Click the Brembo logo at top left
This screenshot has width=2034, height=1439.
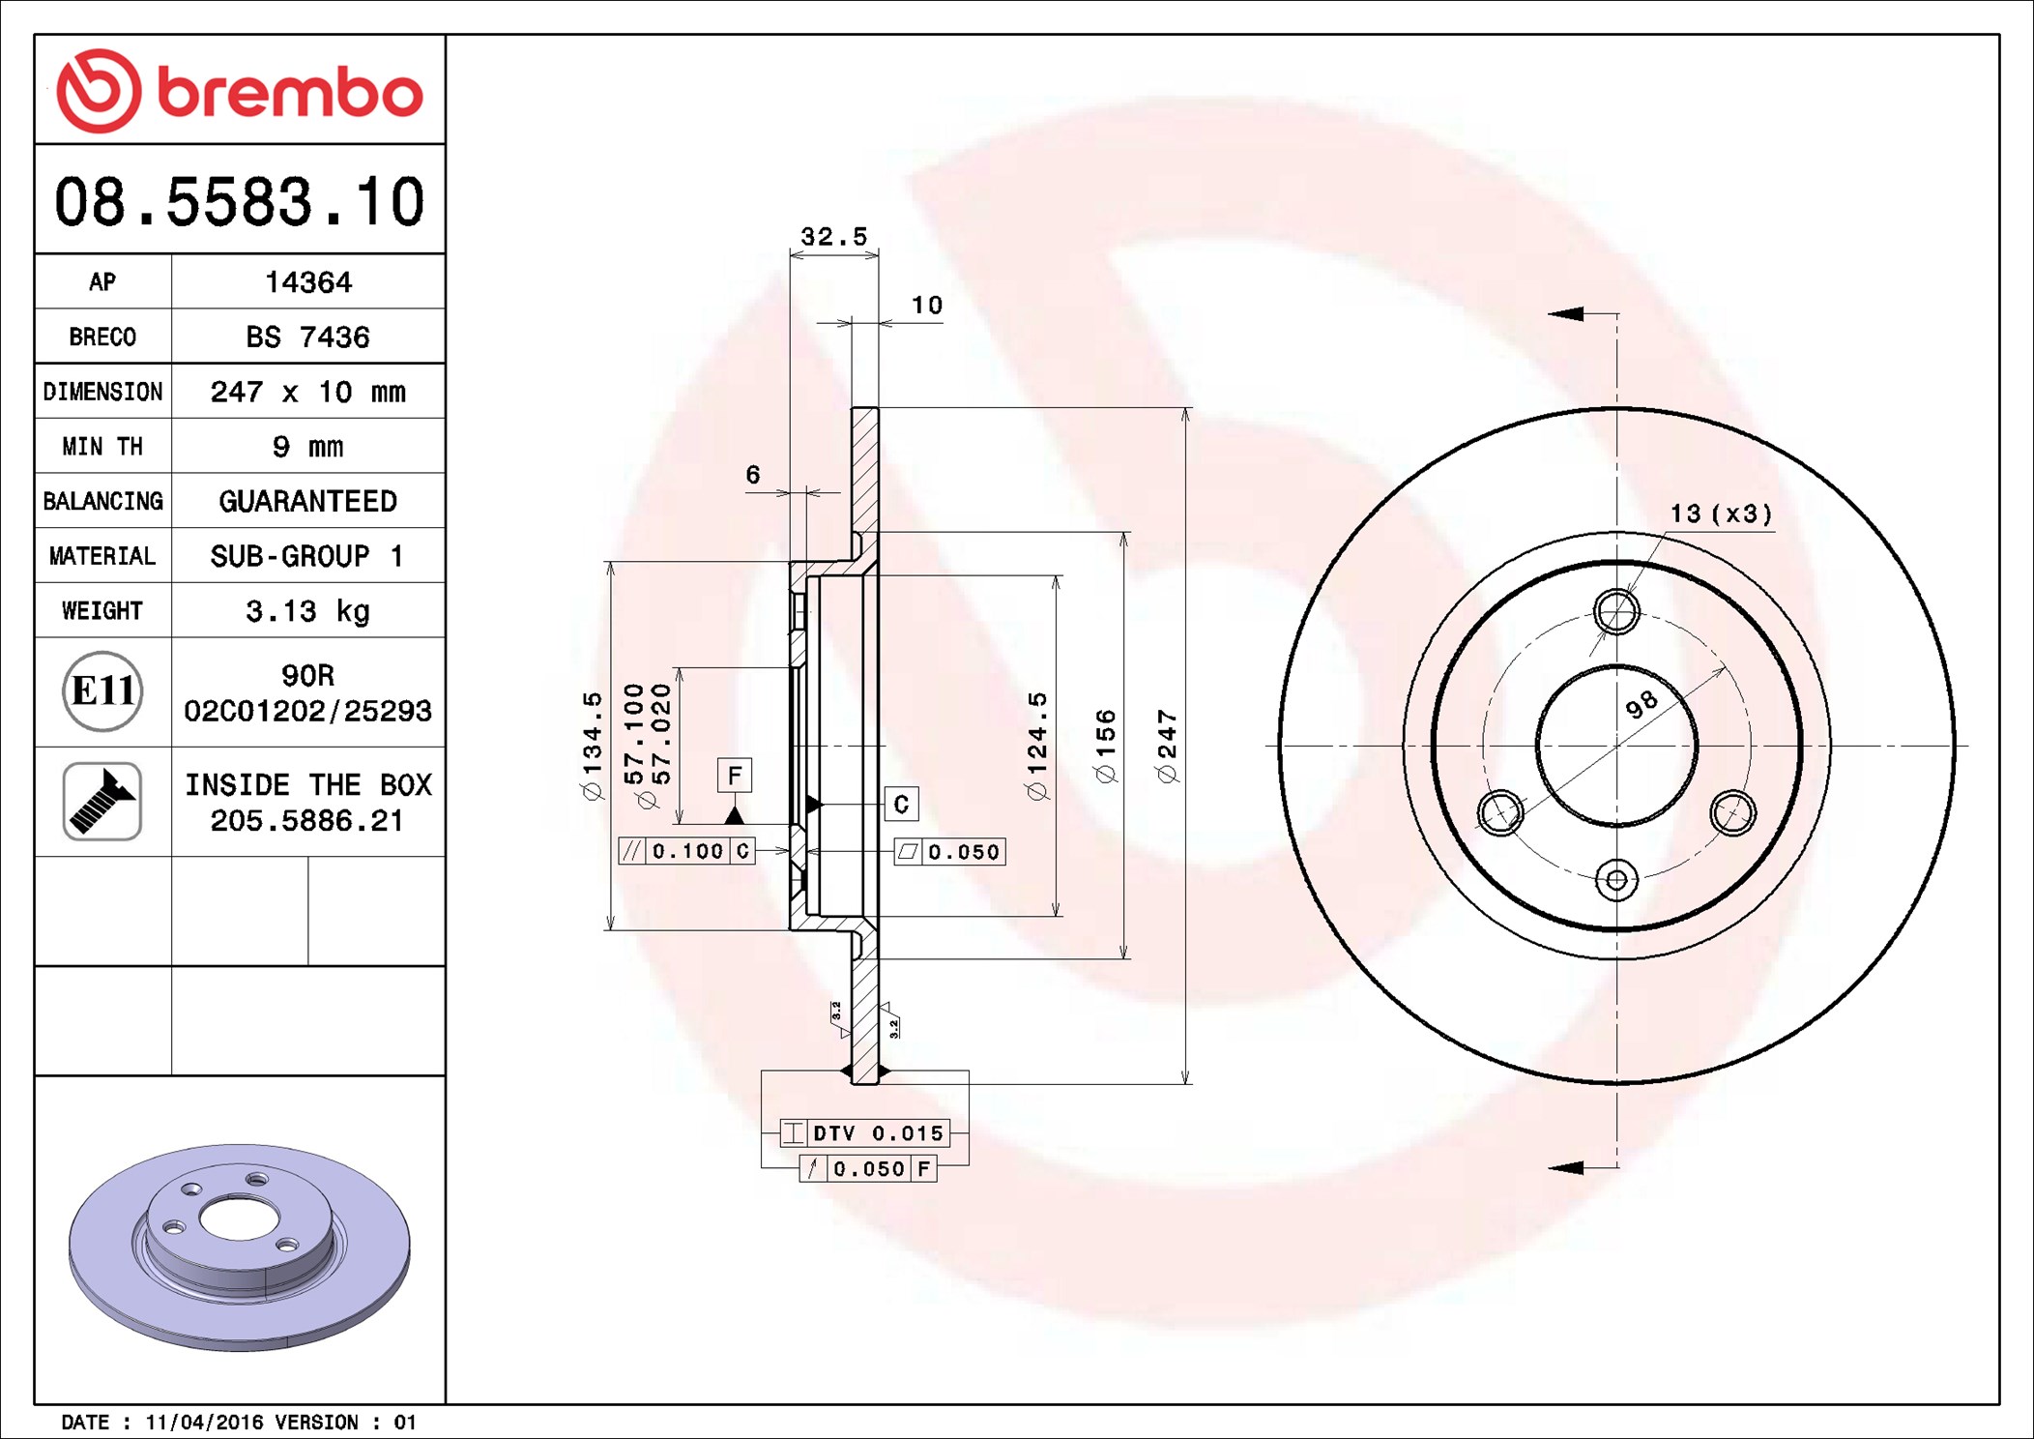point(240,91)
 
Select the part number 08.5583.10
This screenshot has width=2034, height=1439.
point(240,202)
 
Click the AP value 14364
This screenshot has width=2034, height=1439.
point(308,282)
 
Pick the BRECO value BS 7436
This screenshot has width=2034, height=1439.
point(307,337)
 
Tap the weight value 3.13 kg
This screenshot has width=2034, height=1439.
point(307,611)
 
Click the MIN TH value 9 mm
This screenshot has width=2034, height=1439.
point(307,447)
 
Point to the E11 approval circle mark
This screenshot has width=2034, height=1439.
point(102,691)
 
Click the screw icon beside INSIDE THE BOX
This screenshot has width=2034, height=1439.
point(102,801)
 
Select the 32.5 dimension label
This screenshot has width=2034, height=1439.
point(834,237)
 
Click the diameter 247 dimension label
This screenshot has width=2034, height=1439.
point(1167,747)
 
